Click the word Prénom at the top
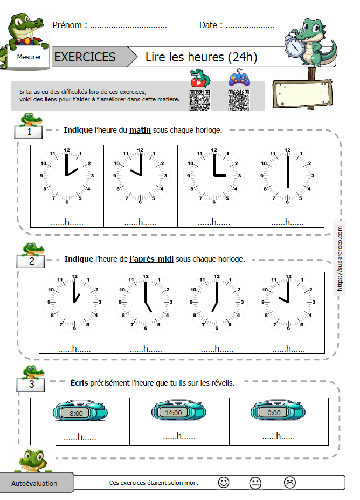(x=67, y=25)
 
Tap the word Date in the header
(x=208, y=25)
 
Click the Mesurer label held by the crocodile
(x=29, y=57)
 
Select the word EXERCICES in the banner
(x=85, y=57)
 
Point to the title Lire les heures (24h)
(x=202, y=57)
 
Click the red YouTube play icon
(x=199, y=80)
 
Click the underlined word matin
(x=140, y=129)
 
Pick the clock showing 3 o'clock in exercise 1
(x=214, y=176)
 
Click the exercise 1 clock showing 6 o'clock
(x=287, y=176)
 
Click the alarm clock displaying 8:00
(x=76, y=413)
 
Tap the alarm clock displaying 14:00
(x=174, y=413)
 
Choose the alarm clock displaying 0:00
(x=274, y=413)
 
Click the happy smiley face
(x=224, y=483)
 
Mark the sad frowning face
(x=290, y=483)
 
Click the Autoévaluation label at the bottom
(x=34, y=483)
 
